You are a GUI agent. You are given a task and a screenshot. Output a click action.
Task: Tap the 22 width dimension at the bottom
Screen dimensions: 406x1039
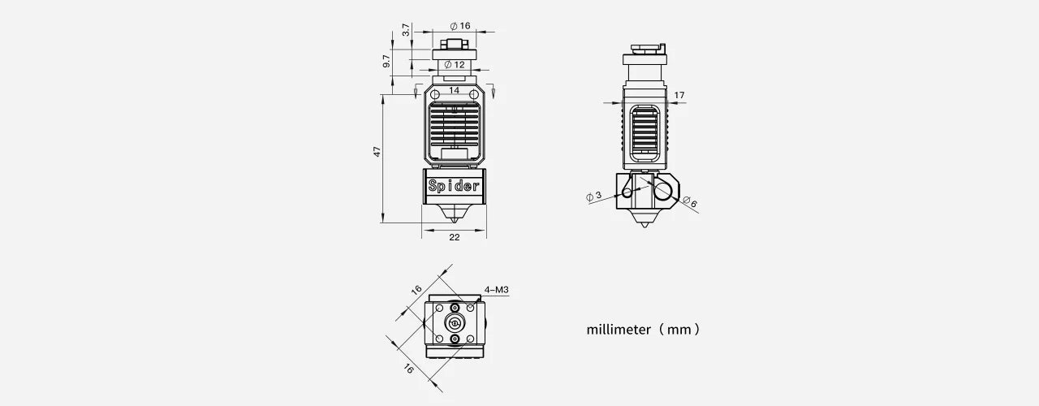tap(454, 237)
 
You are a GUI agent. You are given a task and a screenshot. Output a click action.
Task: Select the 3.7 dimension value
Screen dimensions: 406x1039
tap(406, 30)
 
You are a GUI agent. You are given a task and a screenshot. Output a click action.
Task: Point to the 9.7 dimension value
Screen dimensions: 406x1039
tap(388, 61)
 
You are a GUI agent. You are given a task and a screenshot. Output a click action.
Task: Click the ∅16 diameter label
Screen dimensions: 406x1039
tap(459, 26)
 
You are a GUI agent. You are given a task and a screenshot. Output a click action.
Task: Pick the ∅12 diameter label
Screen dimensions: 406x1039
tap(455, 64)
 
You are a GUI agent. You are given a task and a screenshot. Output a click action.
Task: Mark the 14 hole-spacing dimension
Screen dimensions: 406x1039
tap(454, 90)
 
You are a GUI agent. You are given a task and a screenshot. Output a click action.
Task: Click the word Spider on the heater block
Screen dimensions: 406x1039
tap(454, 185)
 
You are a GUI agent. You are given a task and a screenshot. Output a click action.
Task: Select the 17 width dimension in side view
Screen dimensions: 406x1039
tap(679, 96)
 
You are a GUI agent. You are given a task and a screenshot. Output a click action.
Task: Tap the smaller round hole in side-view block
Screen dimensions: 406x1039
tap(627, 192)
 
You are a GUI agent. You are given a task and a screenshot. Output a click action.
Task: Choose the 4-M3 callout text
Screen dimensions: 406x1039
tap(496, 289)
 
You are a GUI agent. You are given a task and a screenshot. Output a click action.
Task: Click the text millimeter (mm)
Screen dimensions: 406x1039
tap(642, 330)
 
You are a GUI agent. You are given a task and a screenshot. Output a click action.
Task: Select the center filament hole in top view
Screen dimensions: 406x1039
tap(454, 322)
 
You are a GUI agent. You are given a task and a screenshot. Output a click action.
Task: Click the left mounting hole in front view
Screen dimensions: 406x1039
tap(435, 95)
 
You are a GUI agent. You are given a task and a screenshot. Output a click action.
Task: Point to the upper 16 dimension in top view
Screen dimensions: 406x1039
tap(416, 290)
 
